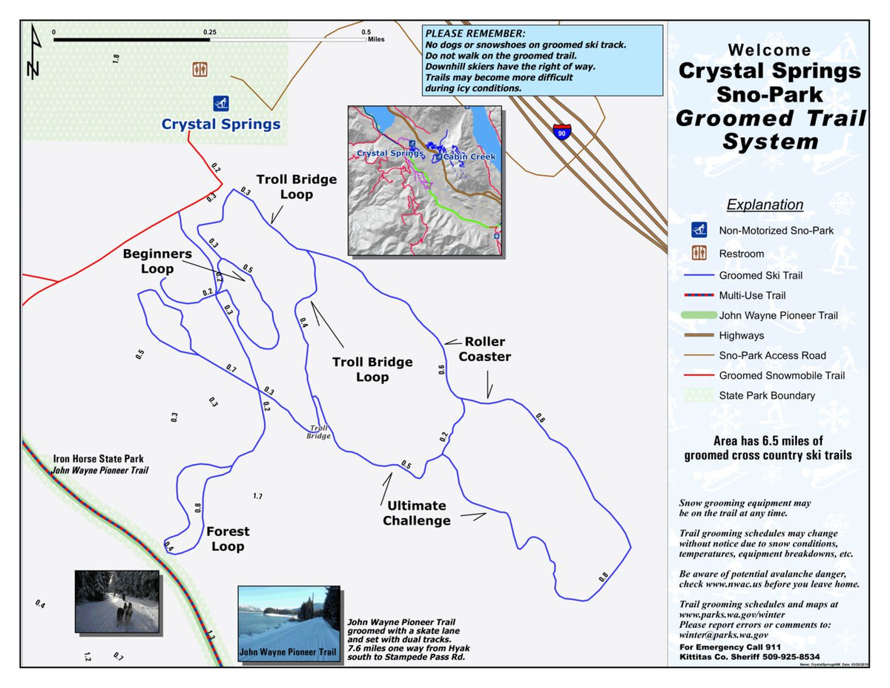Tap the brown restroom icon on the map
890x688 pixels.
point(200,69)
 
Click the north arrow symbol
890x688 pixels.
point(33,52)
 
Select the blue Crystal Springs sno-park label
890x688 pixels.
point(221,124)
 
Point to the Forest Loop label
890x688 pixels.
point(228,539)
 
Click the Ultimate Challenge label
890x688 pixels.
point(416,513)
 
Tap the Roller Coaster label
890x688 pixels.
point(484,349)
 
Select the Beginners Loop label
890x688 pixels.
point(157,261)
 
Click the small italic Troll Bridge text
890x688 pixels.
point(318,432)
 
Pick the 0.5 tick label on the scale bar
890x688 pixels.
point(366,33)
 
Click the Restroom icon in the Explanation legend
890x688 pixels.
point(699,253)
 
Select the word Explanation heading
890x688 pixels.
point(765,205)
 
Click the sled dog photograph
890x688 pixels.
point(117,601)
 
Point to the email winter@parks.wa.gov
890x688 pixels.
point(724,635)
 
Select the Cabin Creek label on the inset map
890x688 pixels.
point(469,157)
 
